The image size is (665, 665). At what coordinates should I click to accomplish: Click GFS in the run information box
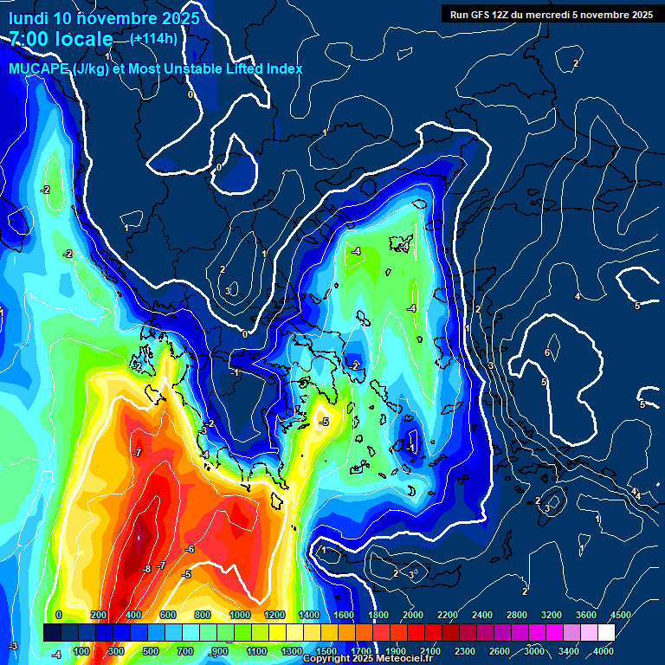tap(485, 14)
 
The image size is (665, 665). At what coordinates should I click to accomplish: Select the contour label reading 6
tap(547, 352)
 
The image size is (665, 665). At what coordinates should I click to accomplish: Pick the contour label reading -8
tap(146, 569)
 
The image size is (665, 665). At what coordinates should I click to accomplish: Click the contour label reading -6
tap(190, 549)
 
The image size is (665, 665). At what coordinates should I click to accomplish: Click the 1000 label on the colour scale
tap(240, 614)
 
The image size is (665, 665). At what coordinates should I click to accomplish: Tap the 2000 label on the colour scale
tap(413, 614)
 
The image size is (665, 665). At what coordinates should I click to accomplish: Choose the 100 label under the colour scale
tap(81, 650)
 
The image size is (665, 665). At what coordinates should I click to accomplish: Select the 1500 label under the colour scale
tap(326, 650)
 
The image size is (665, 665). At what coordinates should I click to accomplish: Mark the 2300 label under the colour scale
tap(465, 650)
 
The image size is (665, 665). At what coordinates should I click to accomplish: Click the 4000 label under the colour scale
tap(604, 650)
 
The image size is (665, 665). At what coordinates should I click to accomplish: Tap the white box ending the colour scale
tap(606, 632)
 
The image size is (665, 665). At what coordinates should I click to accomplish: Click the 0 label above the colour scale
tap(58, 614)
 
